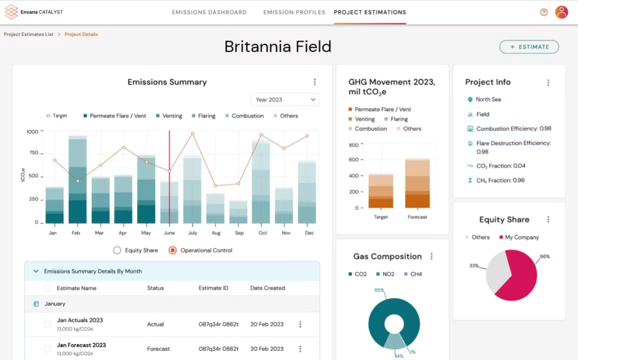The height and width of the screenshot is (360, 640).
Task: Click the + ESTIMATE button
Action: (529, 47)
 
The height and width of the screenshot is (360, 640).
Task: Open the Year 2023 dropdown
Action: (285, 99)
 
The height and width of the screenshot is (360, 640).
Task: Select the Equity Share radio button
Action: (117, 250)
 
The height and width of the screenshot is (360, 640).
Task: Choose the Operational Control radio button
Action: (172, 250)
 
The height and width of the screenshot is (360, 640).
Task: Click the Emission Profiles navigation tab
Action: (294, 12)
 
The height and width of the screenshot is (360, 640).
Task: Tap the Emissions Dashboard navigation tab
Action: (209, 12)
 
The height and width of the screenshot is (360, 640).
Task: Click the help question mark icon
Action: (543, 12)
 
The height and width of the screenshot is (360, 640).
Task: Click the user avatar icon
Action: (561, 12)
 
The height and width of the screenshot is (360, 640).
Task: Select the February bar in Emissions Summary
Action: (77, 179)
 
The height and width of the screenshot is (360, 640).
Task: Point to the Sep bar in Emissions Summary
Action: (238, 212)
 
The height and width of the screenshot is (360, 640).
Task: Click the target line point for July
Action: (192, 133)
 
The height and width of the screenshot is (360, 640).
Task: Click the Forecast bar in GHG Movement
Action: (417, 183)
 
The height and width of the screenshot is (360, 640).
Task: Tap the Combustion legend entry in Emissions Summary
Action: (244, 115)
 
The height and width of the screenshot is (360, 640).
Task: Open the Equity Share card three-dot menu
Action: (548, 219)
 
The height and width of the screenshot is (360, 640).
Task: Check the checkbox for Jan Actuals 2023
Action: (47, 324)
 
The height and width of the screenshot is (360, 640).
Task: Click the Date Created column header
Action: (267, 288)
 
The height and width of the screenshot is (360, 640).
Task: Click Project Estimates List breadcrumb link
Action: (28, 34)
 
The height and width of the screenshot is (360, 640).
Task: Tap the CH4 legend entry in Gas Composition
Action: (413, 274)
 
